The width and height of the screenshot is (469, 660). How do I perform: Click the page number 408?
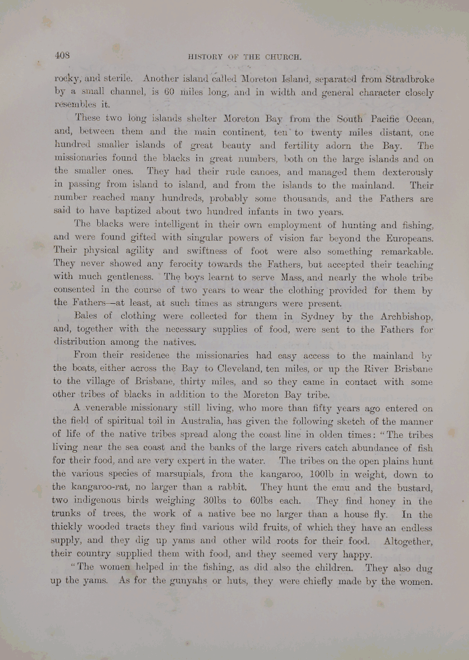[x=63, y=56]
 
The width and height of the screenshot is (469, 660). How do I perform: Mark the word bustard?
[x=411, y=489]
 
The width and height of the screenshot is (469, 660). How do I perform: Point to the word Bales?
[x=84, y=316]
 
